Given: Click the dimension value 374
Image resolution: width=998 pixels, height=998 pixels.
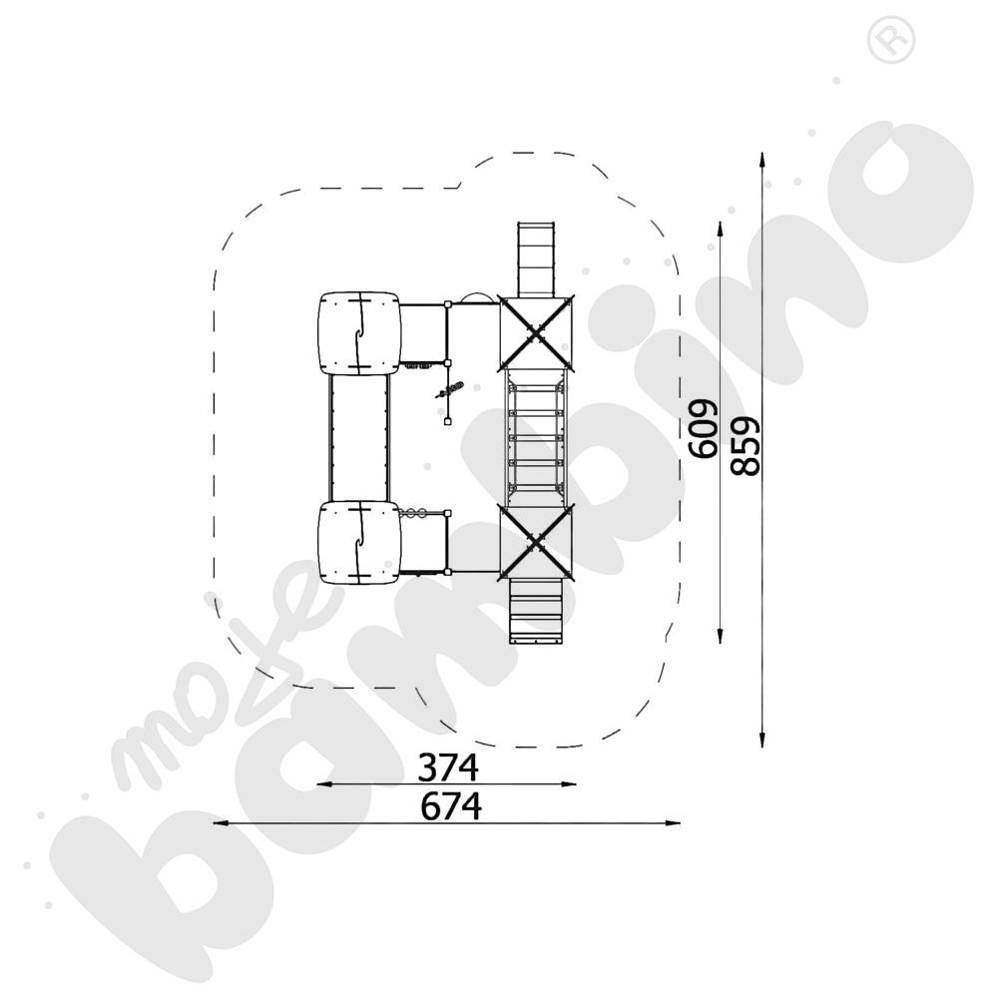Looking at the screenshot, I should click(449, 767).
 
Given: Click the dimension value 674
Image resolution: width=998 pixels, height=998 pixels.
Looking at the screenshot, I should click(450, 805).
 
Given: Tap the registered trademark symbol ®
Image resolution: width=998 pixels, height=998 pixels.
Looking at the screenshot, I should click(884, 39).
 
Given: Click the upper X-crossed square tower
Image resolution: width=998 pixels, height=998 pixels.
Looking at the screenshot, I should click(538, 332).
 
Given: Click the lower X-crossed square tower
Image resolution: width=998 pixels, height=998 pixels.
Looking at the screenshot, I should click(538, 541).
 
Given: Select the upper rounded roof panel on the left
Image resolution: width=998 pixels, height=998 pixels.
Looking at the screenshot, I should click(357, 333).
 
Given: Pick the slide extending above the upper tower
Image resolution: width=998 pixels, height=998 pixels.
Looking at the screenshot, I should click(538, 257).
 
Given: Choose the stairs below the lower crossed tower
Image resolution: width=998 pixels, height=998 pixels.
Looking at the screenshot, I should click(538, 610).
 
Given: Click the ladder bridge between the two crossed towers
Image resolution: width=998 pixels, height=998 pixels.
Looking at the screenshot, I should click(537, 436).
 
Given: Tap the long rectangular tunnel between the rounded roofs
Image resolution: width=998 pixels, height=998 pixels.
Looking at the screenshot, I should click(357, 437).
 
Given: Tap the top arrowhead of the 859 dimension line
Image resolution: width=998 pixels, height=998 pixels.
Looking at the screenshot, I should click(762, 159).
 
